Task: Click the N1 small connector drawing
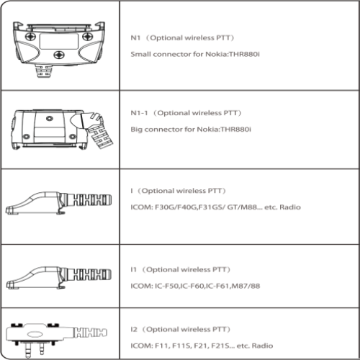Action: point(59,49)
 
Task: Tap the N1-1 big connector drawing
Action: point(62,130)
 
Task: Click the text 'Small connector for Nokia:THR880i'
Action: point(195,54)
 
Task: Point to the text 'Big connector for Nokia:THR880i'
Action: point(191,130)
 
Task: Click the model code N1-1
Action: point(139,113)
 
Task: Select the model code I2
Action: point(134,329)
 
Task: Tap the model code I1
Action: point(133,269)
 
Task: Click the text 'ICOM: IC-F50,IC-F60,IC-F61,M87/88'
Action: point(195,286)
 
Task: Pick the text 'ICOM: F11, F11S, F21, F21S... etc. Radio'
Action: point(202,346)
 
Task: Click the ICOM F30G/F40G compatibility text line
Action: point(215,207)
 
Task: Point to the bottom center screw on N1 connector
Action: point(59,55)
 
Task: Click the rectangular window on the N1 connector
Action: point(59,41)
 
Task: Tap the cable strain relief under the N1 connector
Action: point(45,71)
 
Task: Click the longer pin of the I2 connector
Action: point(28,350)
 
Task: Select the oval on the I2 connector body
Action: point(35,334)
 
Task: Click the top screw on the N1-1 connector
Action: point(50,119)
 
